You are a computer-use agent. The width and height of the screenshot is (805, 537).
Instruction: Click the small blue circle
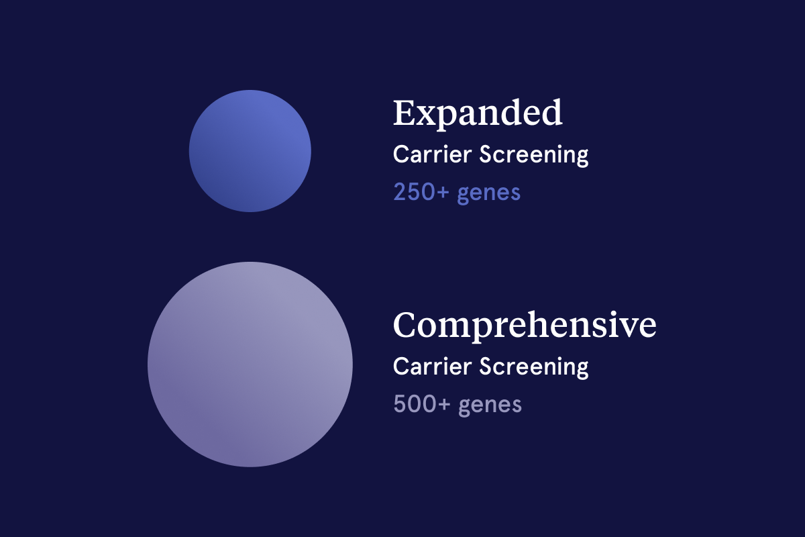click(x=250, y=151)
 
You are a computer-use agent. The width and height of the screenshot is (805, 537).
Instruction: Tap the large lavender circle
click(x=250, y=364)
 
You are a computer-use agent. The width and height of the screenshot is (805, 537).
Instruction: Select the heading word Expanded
click(x=478, y=113)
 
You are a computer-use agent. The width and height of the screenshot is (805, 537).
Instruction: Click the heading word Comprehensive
click(x=525, y=326)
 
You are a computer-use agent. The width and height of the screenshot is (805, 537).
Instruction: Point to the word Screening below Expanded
click(x=534, y=155)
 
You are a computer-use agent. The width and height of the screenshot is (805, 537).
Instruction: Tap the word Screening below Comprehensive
click(x=534, y=368)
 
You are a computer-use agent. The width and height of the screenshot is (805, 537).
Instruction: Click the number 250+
click(x=421, y=192)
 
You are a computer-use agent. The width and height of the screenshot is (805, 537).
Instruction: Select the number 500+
click(x=422, y=404)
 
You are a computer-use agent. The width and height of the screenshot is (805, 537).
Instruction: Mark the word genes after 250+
click(x=489, y=194)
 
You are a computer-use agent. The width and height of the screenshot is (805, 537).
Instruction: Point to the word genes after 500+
click(x=490, y=406)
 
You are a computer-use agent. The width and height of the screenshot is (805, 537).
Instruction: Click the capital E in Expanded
click(x=405, y=113)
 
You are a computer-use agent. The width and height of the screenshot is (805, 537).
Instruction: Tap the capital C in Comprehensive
click(x=405, y=325)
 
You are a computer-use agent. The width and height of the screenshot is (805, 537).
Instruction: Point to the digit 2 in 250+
click(x=400, y=192)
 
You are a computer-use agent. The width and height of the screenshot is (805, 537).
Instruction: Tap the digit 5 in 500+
click(x=400, y=404)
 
